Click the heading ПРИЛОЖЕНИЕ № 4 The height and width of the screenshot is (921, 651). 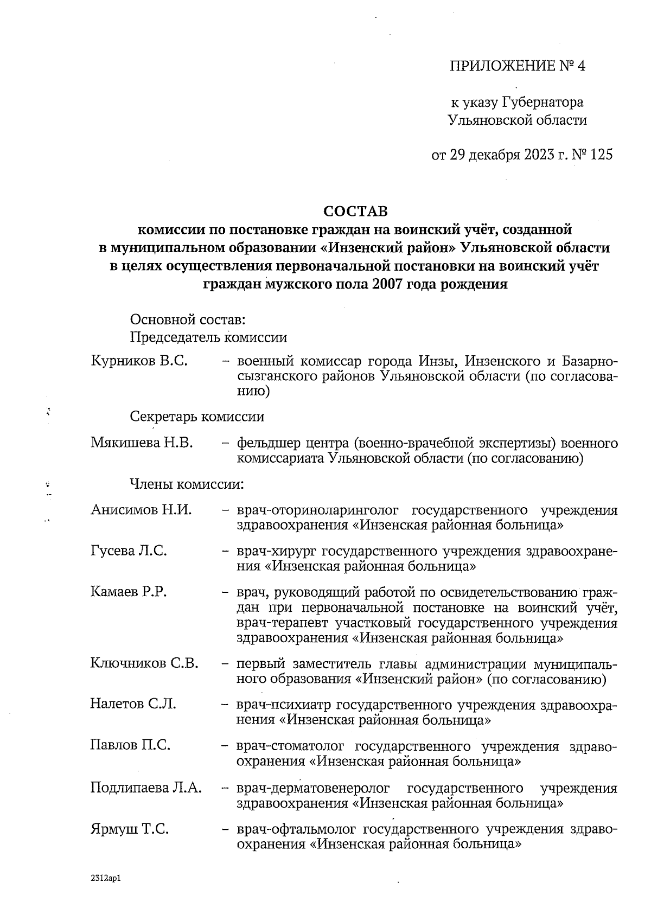(518, 66)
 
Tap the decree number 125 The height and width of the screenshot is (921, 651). (601, 155)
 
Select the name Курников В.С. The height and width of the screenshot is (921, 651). (139, 361)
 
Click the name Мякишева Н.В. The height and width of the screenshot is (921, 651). (142, 443)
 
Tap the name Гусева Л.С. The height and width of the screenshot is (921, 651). (129, 551)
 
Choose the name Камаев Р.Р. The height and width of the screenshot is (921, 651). (128, 592)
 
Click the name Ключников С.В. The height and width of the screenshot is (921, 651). (144, 663)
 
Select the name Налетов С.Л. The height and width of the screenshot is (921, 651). (133, 704)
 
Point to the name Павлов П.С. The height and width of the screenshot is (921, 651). (130, 745)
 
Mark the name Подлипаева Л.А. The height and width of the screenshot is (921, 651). (146, 788)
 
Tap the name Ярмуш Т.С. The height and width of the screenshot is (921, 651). (129, 829)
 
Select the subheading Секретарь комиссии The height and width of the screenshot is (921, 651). (197, 417)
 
